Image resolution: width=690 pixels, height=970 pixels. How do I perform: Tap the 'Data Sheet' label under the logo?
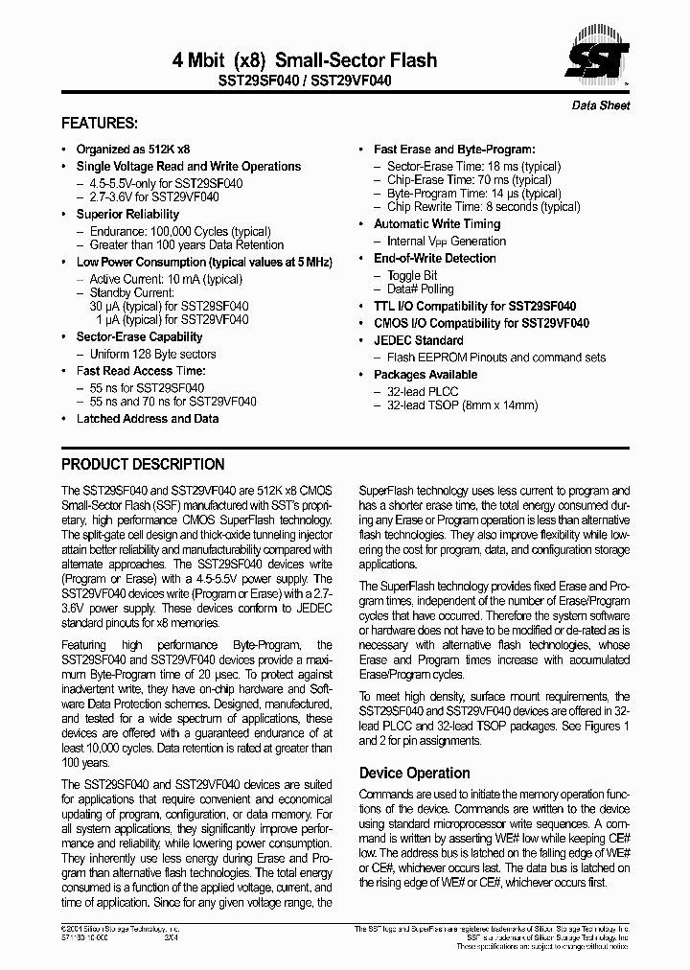tap(601, 105)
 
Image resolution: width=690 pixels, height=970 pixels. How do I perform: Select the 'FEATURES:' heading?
tap(99, 124)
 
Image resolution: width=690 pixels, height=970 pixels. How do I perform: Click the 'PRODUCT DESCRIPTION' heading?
tap(143, 465)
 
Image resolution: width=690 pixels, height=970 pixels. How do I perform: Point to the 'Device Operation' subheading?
tap(414, 774)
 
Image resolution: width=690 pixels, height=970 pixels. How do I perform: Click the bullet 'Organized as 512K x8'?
tap(132, 150)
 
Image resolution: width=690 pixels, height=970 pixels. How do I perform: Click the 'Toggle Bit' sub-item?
tap(412, 275)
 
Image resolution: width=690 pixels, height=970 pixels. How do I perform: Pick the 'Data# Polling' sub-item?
tap(420, 289)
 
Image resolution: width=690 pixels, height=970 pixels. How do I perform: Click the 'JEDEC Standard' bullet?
tap(418, 340)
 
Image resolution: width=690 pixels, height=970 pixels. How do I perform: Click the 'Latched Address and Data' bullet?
tap(147, 419)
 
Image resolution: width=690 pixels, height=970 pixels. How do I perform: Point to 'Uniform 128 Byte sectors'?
tap(152, 354)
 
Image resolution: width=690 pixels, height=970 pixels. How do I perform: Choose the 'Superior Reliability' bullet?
tap(127, 215)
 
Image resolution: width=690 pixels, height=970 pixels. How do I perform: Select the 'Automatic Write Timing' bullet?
tap(437, 224)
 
